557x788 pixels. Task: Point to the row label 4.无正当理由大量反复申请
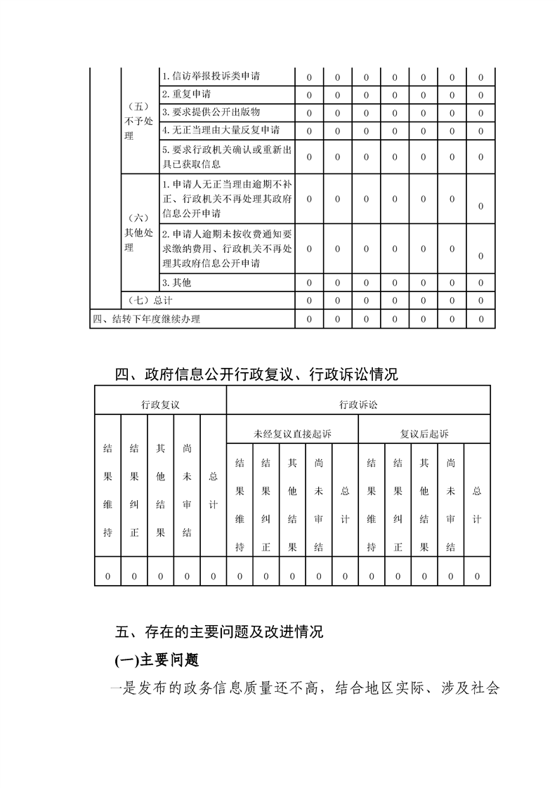coord(221,130)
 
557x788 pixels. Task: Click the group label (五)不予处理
coord(139,121)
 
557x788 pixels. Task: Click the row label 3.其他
coord(176,283)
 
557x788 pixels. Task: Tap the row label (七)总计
coord(146,301)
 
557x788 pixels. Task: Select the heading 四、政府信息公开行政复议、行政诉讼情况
coord(256,374)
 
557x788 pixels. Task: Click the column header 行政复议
coord(160,405)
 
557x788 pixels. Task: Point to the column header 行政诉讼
coord(358,405)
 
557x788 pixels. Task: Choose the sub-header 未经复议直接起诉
coord(292,434)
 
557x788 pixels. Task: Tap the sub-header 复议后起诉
coord(424,434)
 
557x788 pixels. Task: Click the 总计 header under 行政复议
coord(213,490)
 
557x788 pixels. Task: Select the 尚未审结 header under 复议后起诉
coord(450,505)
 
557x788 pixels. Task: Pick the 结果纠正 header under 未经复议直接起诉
coord(266,505)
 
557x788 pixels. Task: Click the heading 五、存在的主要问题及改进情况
coord(218,631)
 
